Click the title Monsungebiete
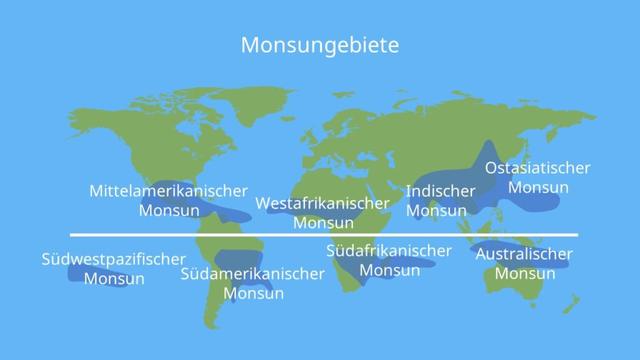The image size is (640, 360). (x=320, y=46)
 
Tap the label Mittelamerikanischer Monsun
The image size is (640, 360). (x=168, y=200)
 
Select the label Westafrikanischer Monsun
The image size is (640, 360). (x=322, y=213)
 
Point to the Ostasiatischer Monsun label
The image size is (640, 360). (x=537, y=177)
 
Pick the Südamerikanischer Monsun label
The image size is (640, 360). (x=253, y=283)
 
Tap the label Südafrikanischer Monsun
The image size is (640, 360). (x=389, y=260)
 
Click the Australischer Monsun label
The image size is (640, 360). (x=524, y=264)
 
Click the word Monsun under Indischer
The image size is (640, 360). (x=435, y=211)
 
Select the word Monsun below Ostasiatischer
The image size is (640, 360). (x=538, y=187)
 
